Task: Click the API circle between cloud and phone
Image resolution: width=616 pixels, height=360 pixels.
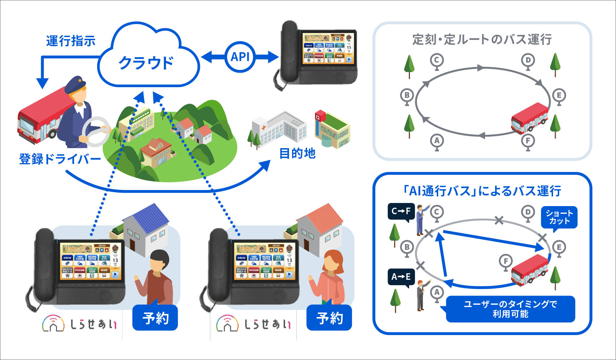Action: (x=240, y=57)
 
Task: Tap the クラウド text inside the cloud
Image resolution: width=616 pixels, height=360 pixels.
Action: (x=146, y=63)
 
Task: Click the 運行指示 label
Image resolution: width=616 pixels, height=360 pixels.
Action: (x=71, y=41)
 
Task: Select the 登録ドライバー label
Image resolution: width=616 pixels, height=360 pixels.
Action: (x=59, y=159)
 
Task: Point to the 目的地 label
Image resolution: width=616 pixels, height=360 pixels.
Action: (x=297, y=154)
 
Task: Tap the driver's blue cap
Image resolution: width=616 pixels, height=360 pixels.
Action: (x=74, y=85)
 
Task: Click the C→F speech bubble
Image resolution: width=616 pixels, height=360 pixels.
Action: (x=401, y=211)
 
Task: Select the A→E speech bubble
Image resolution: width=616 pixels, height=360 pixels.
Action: (x=401, y=277)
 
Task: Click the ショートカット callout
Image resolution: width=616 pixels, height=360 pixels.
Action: (x=559, y=217)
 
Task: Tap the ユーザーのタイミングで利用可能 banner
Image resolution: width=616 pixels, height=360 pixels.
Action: (x=510, y=309)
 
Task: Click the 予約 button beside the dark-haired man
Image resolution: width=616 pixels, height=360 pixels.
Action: (x=155, y=318)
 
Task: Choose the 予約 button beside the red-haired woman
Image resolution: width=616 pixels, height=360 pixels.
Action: (x=329, y=318)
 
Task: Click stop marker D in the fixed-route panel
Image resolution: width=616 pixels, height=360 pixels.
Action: (x=528, y=60)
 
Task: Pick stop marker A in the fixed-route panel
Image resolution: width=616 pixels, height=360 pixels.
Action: (x=437, y=141)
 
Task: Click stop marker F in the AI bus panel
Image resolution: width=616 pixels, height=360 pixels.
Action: (x=506, y=261)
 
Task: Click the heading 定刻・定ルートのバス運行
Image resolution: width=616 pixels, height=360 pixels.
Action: (x=482, y=39)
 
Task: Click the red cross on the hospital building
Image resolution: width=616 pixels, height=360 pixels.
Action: (x=264, y=127)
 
